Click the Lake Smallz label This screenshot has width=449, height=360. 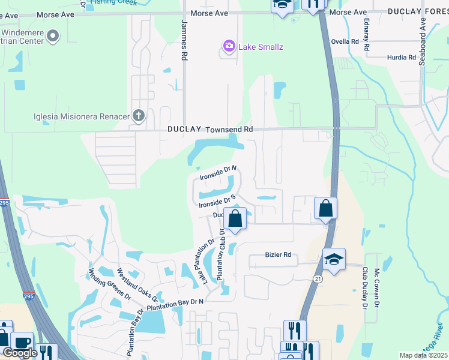(x=261, y=47)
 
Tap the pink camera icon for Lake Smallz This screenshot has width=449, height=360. (x=229, y=46)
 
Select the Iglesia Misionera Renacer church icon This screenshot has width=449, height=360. (x=139, y=115)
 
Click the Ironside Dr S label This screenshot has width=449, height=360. (x=217, y=201)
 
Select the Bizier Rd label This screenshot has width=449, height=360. (x=278, y=255)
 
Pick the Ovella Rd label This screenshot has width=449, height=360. (x=345, y=42)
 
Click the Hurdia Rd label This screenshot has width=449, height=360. (x=402, y=58)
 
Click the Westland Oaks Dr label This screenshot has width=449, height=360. (x=139, y=285)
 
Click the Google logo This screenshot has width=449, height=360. (x=19, y=353)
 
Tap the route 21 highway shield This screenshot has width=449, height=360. (x=316, y=278)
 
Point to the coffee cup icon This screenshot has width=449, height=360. (x=22, y=343)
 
